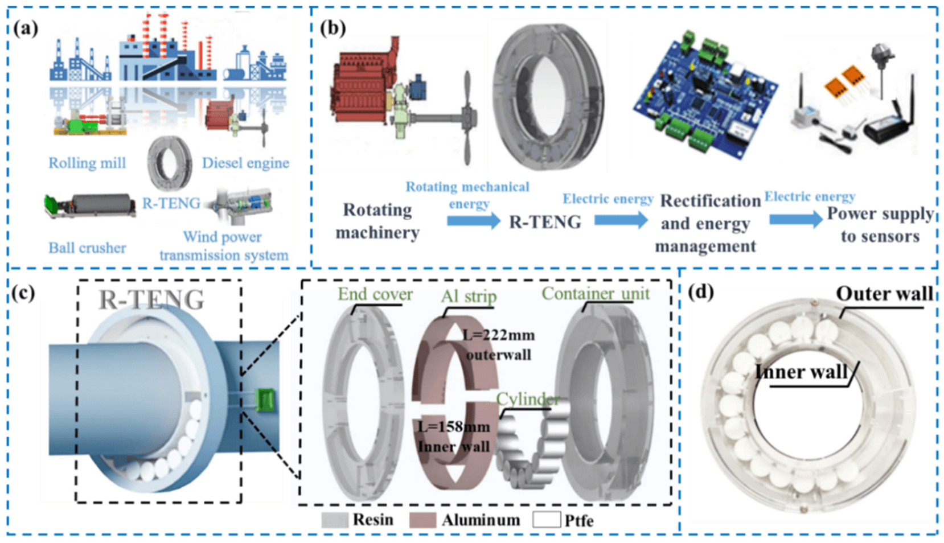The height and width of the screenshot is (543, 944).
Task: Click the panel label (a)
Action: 26,28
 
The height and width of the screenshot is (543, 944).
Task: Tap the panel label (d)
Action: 700,292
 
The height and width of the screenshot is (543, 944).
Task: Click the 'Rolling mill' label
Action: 87,163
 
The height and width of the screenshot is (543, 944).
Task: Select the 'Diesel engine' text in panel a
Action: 245,163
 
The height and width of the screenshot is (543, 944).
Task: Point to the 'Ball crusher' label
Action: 87,248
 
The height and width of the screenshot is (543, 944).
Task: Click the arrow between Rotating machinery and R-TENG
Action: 473,220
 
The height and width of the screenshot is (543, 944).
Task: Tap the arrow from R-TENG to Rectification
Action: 621,220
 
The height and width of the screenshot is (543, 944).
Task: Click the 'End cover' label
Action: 375,294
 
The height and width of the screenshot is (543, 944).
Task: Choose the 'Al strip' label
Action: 469,297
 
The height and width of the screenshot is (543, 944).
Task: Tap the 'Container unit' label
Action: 595,294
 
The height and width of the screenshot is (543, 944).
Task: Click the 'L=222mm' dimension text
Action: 498,335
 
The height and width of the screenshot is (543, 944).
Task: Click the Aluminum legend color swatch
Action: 422,520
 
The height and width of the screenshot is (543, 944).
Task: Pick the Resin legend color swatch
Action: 334,520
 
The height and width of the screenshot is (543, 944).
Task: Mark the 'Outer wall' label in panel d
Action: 884,294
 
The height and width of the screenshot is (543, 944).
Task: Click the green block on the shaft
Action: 265,400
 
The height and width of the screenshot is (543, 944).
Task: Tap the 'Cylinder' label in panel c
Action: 527,400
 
